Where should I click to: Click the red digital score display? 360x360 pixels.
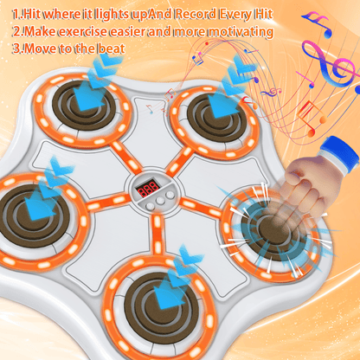pyautogui.click(x=148, y=189)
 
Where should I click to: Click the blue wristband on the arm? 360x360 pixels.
pyautogui.click(x=341, y=155)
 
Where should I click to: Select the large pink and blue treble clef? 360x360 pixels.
pyautogui.click(x=329, y=63)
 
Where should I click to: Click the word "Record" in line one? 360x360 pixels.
pyautogui.click(x=196, y=14)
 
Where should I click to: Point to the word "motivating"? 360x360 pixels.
pyautogui.click(x=241, y=31)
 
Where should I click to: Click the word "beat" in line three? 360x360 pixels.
pyautogui.click(x=112, y=48)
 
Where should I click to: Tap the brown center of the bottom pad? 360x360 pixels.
pyautogui.click(x=158, y=305)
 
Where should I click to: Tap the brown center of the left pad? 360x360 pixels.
pyautogui.click(x=32, y=215)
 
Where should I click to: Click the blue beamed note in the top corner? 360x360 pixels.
pyautogui.click(x=318, y=23)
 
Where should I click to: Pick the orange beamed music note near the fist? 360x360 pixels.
pyautogui.click(x=312, y=119)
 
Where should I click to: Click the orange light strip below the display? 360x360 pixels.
pyautogui.click(x=157, y=235)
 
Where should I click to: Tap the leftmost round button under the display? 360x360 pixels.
pyautogui.click(x=150, y=205)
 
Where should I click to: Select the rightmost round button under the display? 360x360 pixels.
pyautogui.click(x=170, y=196)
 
